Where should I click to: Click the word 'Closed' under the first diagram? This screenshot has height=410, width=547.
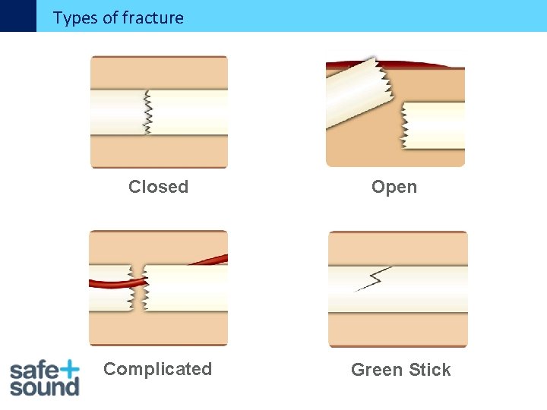pyautogui.click(x=158, y=187)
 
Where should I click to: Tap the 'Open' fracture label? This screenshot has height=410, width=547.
pyautogui.click(x=394, y=187)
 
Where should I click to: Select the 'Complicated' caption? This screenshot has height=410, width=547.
pyautogui.click(x=157, y=369)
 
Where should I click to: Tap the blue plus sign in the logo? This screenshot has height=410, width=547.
pyautogui.click(x=68, y=369)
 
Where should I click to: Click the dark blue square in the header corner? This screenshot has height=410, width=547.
pyautogui.click(x=17, y=15)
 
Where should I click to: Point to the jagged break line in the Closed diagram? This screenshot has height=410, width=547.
pyautogui.click(x=147, y=112)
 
